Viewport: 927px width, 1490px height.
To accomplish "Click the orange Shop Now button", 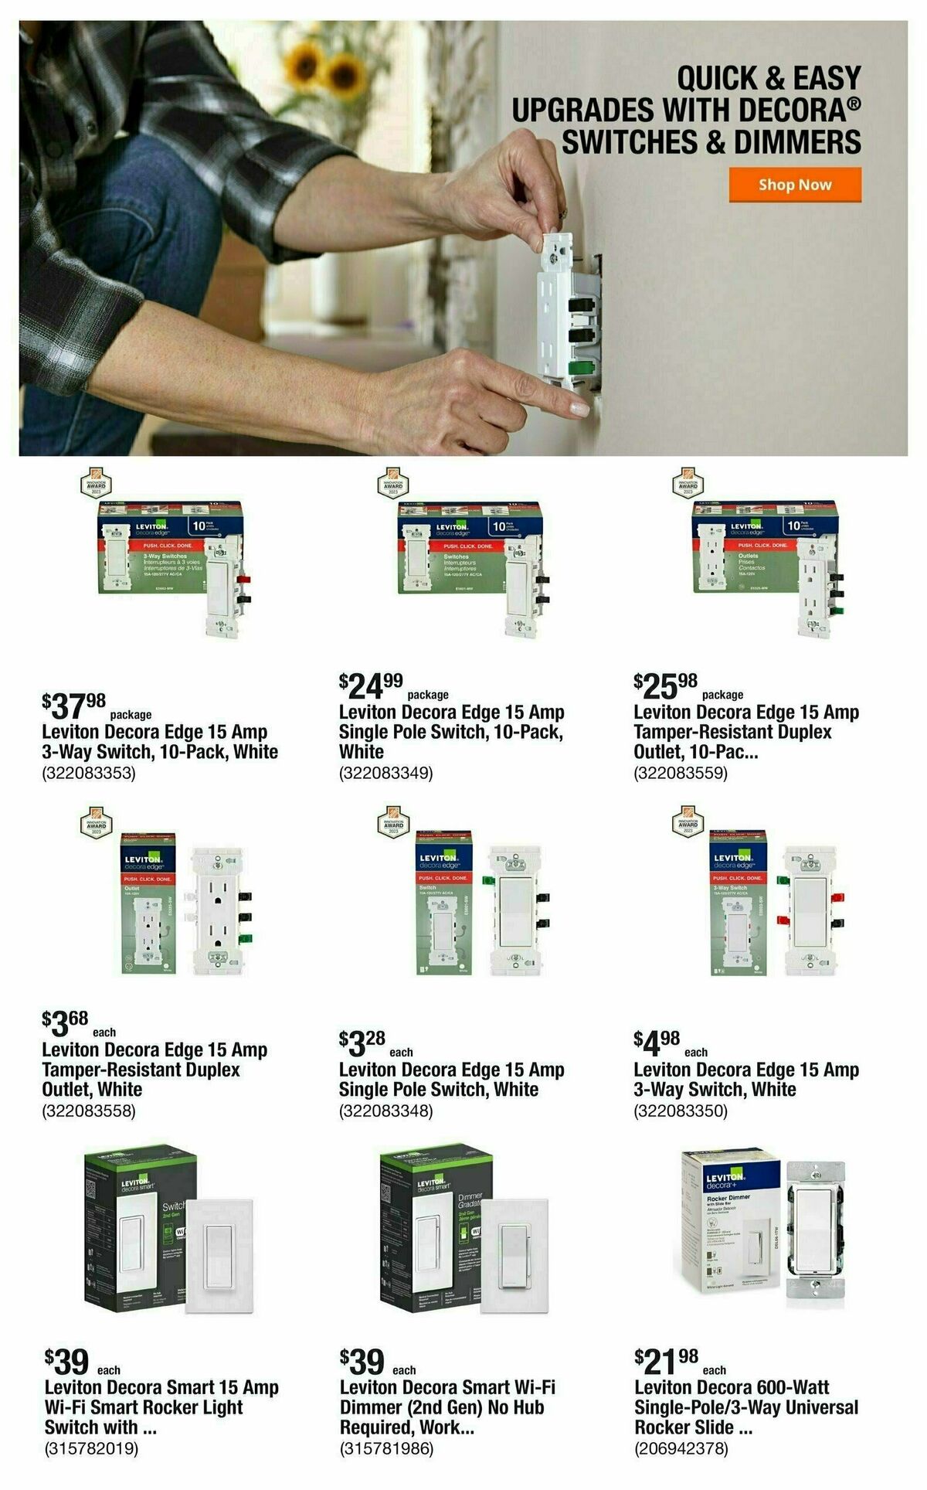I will [794, 185].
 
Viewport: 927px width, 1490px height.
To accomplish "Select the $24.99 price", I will [371, 685].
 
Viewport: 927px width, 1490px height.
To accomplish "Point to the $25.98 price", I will [665, 685].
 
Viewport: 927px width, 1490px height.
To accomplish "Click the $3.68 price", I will [66, 1023].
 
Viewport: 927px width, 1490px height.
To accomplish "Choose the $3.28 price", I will [362, 1043].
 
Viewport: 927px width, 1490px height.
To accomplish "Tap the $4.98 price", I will [657, 1043].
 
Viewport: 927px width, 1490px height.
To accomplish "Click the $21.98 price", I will [666, 1360].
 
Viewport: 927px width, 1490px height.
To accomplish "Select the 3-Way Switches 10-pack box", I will [166, 549].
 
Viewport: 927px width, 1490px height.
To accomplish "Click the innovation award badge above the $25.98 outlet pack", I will [688, 484].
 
